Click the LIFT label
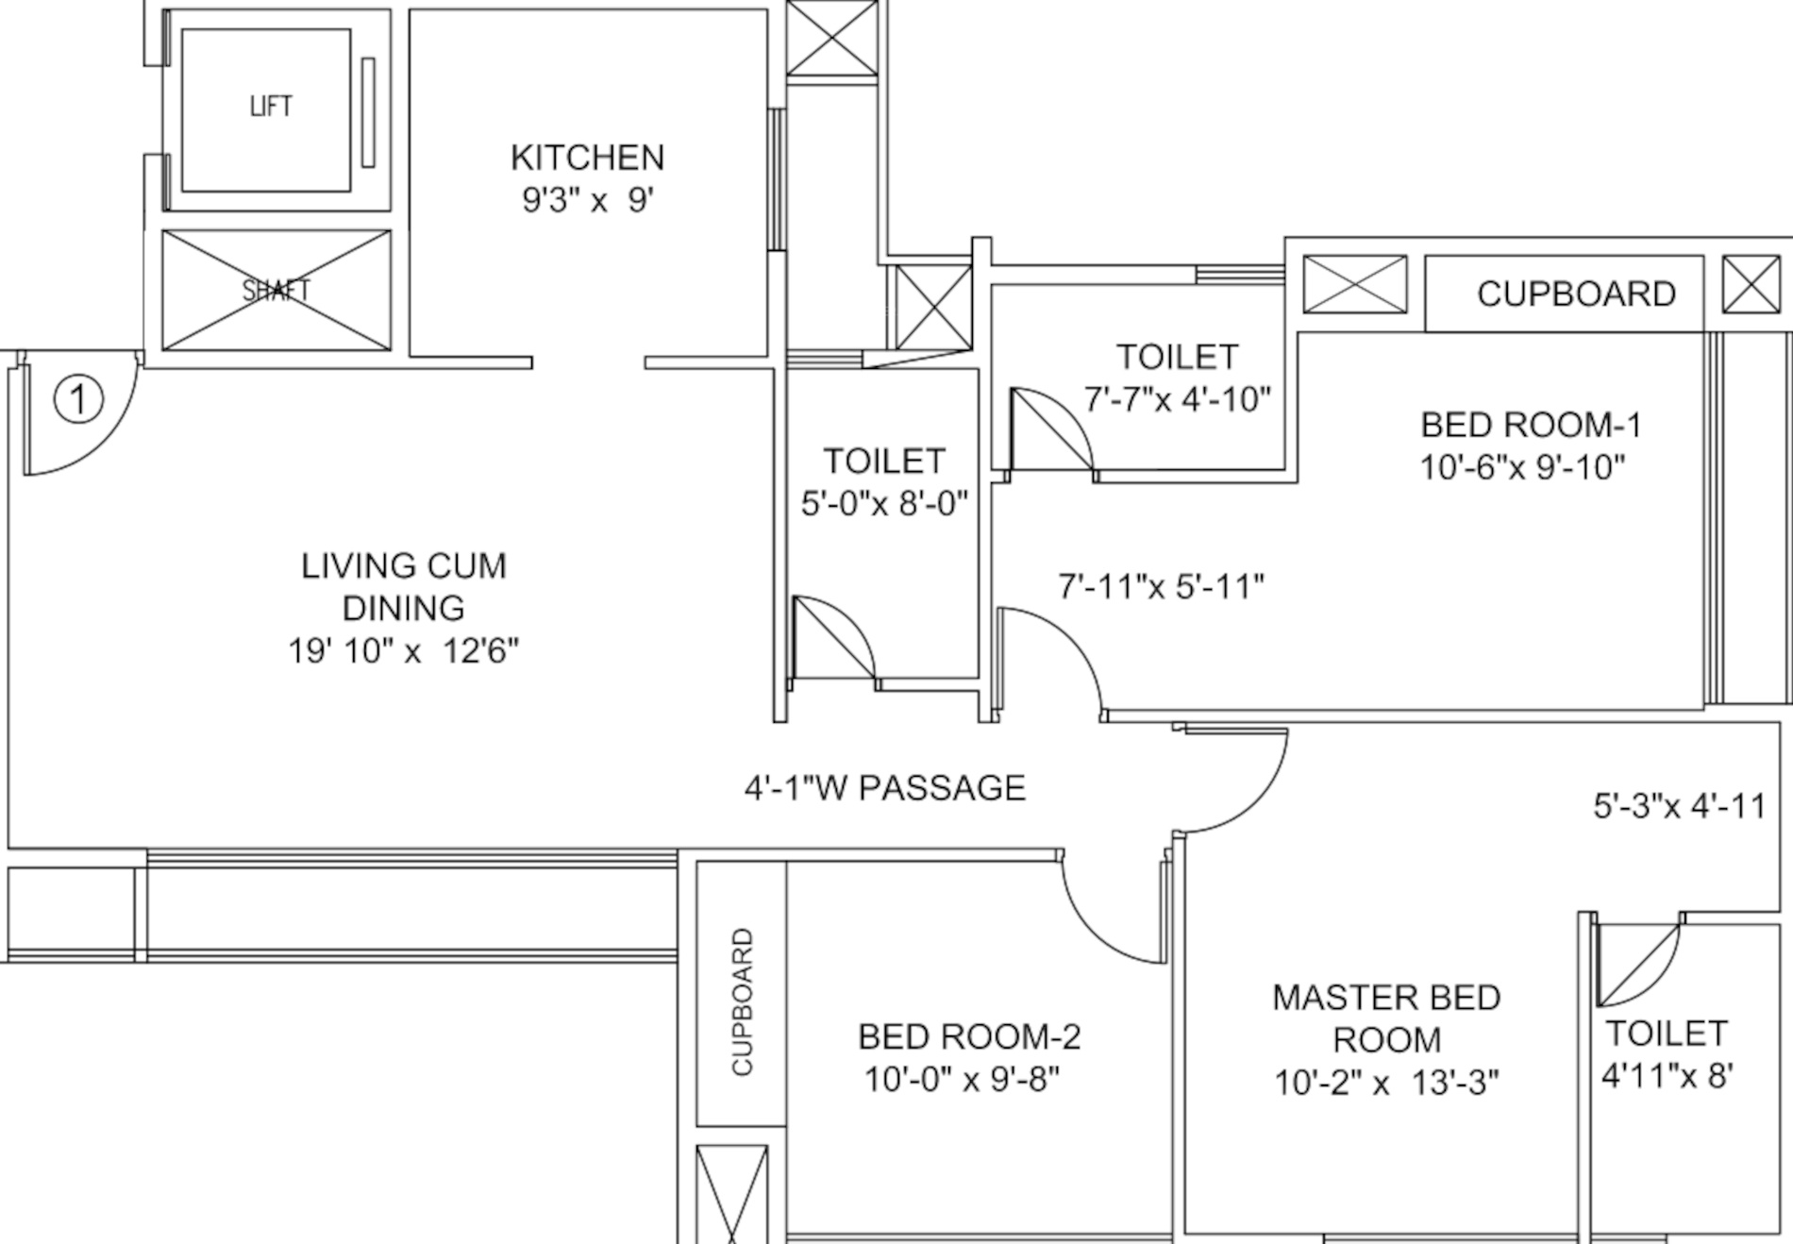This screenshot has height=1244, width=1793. pyautogui.click(x=271, y=106)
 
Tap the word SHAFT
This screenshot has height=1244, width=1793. pyautogui.click(x=276, y=291)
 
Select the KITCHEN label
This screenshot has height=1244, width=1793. pyautogui.click(x=587, y=158)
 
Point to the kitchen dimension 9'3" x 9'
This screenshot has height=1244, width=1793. pyautogui.click(x=587, y=200)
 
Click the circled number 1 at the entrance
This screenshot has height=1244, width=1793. pyautogui.click(x=78, y=398)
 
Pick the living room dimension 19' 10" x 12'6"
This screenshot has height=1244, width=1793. pyautogui.click(x=403, y=651)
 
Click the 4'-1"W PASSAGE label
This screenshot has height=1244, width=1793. pyautogui.click(x=884, y=788)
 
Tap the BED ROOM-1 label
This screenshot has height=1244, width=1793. pyautogui.click(x=1531, y=425)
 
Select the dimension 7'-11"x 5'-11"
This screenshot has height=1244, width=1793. pyautogui.click(x=1161, y=587)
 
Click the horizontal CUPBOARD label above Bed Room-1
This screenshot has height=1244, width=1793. pyautogui.click(x=1576, y=294)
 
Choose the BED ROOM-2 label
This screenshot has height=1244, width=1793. pyautogui.click(x=969, y=1037)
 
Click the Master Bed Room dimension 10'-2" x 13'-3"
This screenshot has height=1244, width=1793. pyautogui.click(x=1386, y=1083)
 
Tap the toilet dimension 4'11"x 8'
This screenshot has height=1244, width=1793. pyautogui.click(x=1667, y=1075)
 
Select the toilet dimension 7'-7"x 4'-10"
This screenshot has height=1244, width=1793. pyautogui.click(x=1177, y=399)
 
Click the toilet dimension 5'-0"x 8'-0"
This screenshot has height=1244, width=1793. pyautogui.click(x=884, y=504)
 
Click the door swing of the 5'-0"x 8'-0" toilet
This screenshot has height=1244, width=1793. pyautogui.click(x=832, y=638)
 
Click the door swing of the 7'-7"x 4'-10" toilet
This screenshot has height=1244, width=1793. pyautogui.click(x=1050, y=429)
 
